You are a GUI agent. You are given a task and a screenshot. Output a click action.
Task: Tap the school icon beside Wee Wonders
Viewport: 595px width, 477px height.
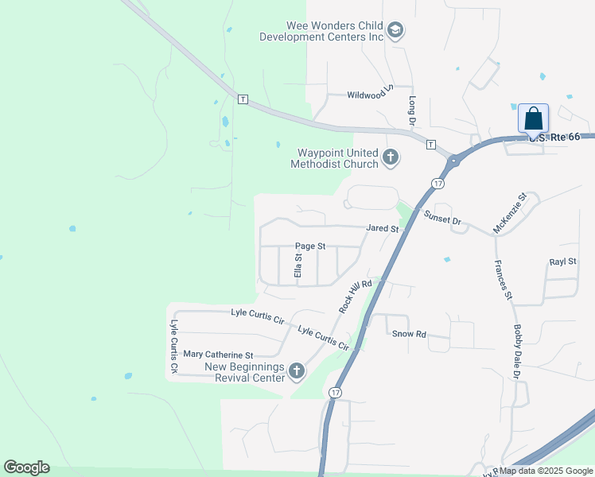click(x=396, y=32)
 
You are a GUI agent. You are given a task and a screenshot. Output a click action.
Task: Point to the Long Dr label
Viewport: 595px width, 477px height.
click(x=412, y=112)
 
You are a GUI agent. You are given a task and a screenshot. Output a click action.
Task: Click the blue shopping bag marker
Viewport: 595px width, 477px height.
click(x=533, y=119)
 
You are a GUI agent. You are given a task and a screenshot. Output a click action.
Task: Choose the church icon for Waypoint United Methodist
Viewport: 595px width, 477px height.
click(x=390, y=157)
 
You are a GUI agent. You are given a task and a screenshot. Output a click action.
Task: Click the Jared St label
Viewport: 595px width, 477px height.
click(x=382, y=228)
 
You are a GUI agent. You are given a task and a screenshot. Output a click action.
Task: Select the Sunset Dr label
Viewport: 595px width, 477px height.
click(x=442, y=218)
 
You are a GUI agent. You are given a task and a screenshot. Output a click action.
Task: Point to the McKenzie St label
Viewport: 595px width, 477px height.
click(x=510, y=213)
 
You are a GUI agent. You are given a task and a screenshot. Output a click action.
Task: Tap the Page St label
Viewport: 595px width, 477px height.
click(x=310, y=246)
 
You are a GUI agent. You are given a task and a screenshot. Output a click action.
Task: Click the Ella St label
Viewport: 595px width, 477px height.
click(x=299, y=265)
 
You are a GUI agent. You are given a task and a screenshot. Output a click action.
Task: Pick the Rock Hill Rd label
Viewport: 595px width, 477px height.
click(x=356, y=296)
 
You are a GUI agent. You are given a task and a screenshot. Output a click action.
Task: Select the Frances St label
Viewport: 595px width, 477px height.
click(x=503, y=280)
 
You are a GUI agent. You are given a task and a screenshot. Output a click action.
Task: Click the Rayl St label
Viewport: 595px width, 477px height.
click(x=562, y=262)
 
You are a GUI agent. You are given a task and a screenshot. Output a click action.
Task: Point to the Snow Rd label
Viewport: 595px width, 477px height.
click(x=409, y=334)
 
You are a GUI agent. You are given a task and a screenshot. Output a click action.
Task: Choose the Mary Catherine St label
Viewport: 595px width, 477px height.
click(x=218, y=355)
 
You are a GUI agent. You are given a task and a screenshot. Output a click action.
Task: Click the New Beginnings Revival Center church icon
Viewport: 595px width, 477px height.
click(x=297, y=370)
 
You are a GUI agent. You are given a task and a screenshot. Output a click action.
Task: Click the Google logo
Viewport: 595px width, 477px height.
click(x=26, y=467)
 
